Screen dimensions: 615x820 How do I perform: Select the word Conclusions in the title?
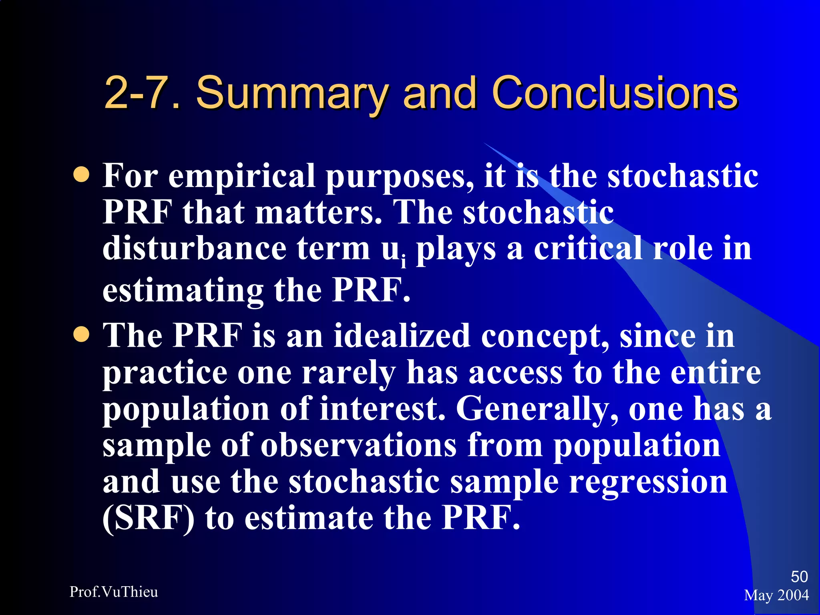(x=614, y=93)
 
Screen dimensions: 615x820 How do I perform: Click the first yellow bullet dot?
(x=82, y=175)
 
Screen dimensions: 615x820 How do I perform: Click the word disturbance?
(x=194, y=248)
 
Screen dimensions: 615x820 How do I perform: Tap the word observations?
(x=358, y=445)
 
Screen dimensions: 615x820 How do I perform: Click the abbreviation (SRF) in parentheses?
(x=149, y=518)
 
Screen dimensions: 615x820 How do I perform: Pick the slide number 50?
(x=799, y=577)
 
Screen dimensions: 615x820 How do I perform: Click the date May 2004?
(x=776, y=595)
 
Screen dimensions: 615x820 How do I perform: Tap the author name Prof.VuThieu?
(x=114, y=592)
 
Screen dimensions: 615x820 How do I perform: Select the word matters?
(x=318, y=212)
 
